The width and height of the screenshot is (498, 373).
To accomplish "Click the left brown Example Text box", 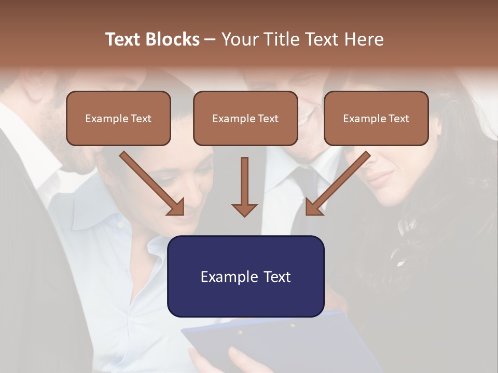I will click(118, 118).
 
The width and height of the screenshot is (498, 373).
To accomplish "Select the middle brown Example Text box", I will click(245, 118).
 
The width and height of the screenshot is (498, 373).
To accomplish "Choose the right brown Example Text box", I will click(376, 118).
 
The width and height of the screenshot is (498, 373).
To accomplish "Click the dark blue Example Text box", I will click(245, 276).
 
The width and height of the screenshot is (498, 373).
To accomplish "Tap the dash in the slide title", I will click(210, 39).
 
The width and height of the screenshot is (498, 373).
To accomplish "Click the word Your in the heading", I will click(239, 39).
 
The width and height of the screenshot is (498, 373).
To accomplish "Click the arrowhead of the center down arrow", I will click(244, 210).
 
